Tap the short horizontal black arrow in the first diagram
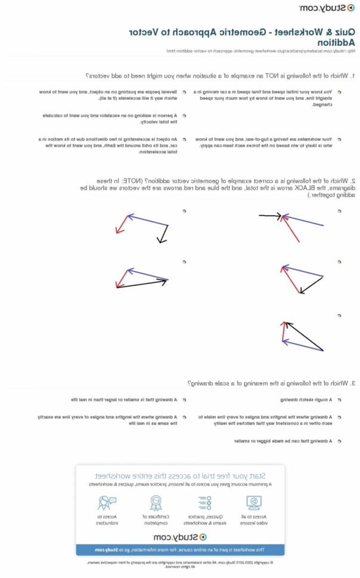point(269,217)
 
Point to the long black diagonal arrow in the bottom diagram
point(304,337)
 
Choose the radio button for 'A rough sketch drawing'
point(339,400)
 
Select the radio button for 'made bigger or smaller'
point(339,441)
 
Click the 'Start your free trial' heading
point(180,476)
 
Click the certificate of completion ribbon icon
point(156,502)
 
